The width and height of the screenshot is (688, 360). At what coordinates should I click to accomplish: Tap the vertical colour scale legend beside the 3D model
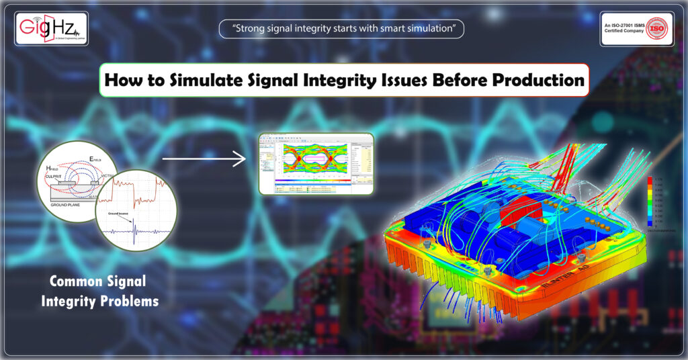pos(649,200)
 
